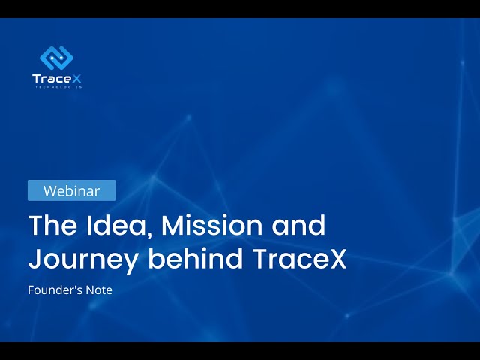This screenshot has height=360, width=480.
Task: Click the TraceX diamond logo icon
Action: (57, 58)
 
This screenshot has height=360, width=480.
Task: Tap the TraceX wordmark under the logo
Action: (57, 78)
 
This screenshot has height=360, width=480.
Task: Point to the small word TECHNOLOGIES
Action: (58, 87)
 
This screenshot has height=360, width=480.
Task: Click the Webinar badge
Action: (72, 190)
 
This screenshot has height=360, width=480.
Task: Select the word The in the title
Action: (52, 225)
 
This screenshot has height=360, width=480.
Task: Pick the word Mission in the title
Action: (211, 225)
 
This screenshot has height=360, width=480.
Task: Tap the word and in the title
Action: (298, 225)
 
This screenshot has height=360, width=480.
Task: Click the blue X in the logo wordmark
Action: (76, 78)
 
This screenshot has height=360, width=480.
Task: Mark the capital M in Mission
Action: (173, 225)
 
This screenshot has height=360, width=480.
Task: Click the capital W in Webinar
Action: (50, 191)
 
